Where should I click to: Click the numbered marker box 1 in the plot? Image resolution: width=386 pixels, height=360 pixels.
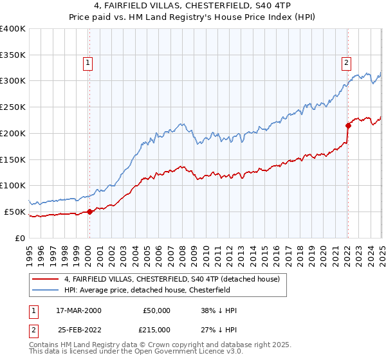click(87, 63)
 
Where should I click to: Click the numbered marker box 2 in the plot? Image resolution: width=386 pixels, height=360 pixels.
click(346, 63)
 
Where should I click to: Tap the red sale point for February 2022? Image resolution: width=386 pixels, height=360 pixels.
click(347, 125)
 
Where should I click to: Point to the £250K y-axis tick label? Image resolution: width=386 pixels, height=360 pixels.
click(13, 107)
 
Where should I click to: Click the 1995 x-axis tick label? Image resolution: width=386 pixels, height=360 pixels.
click(30, 251)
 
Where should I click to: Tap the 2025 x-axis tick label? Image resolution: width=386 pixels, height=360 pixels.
click(381, 251)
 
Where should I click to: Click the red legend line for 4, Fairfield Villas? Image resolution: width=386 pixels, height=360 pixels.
click(46, 280)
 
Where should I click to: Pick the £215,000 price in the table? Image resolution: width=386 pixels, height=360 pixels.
click(157, 329)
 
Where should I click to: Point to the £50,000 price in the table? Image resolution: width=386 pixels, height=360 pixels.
click(157, 310)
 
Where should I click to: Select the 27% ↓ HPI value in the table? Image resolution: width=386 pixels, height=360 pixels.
click(219, 329)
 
